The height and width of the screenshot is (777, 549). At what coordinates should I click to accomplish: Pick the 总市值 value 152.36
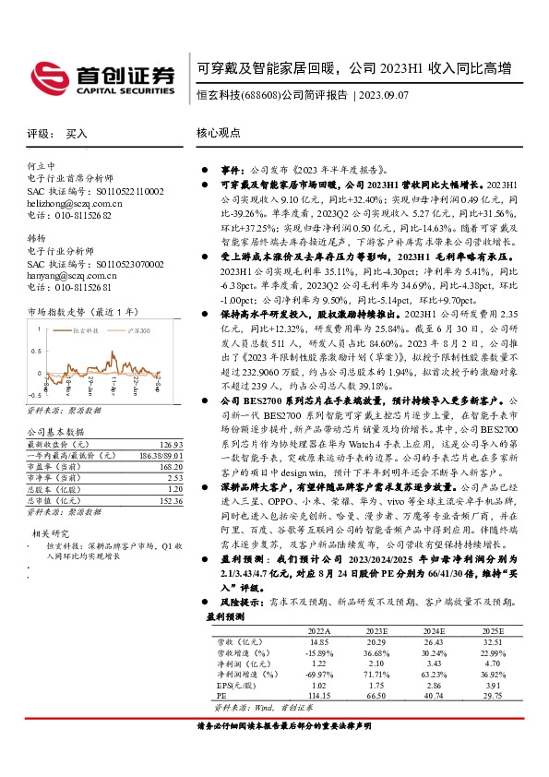coord(172,500)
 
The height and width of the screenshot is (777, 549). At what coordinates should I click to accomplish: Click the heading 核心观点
coord(218,134)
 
